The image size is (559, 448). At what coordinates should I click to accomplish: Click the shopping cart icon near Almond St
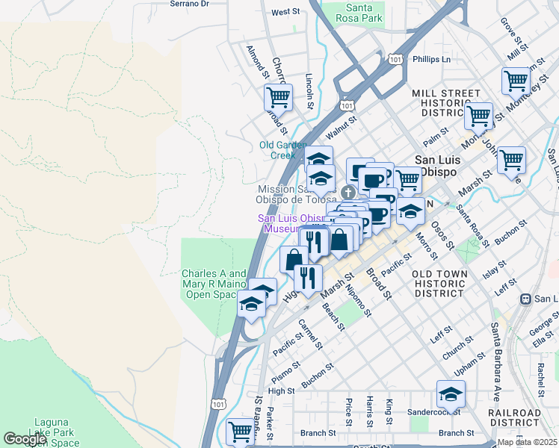278,96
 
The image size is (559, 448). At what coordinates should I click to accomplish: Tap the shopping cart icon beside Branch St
240,431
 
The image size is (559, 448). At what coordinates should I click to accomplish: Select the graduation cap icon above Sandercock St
451,393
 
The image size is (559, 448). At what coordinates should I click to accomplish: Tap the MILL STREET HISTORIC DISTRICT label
446,102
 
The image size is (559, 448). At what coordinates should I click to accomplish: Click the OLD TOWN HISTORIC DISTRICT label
440,284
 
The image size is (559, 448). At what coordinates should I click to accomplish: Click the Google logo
25,439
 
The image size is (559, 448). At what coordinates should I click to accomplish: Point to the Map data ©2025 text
527,442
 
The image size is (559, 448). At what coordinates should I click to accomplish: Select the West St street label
285,12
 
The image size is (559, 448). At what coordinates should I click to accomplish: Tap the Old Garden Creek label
283,150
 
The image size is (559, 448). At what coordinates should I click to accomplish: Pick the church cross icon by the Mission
337,191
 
